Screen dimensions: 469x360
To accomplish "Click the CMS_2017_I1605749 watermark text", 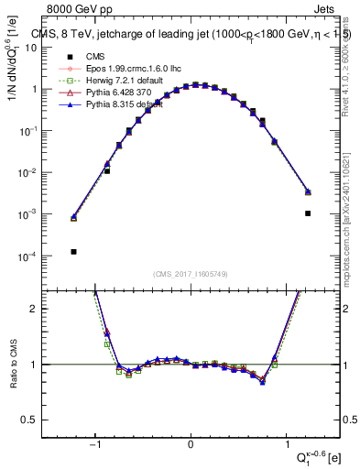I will point(191,275).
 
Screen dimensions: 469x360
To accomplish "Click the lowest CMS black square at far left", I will point(73,251).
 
